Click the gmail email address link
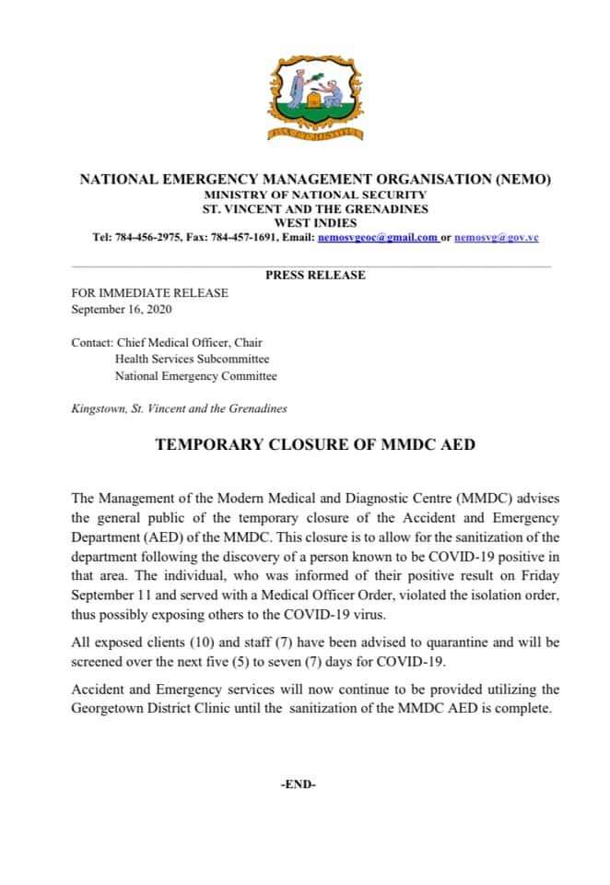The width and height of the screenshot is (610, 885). [x=377, y=237]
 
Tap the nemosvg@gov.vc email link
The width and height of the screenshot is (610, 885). [x=497, y=237]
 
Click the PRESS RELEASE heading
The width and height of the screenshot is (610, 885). [x=315, y=275]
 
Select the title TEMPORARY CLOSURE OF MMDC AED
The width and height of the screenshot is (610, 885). [x=315, y=444]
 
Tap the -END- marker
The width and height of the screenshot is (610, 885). [x=298, y=785]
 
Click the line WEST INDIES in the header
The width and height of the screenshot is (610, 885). [x=315, y=223]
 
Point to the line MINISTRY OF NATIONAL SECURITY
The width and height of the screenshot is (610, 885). [x=315, y=195]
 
